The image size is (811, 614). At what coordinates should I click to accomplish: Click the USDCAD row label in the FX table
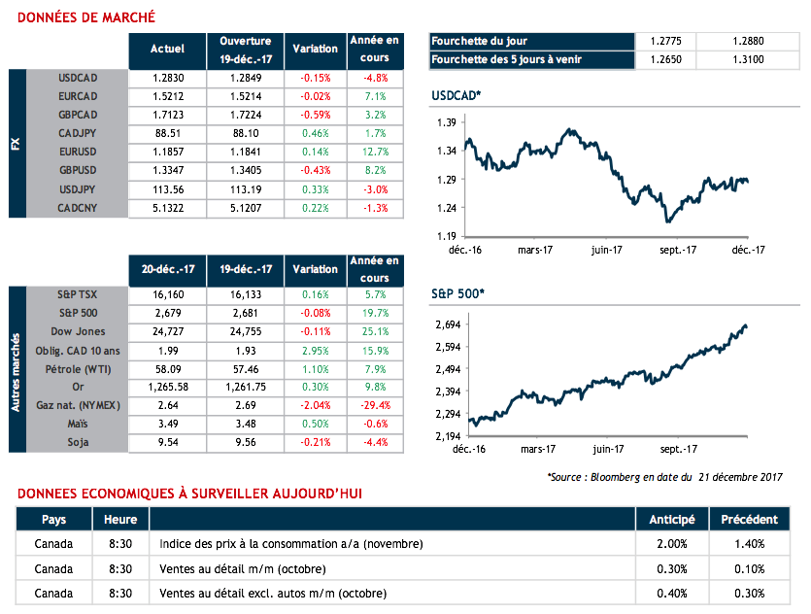[x=79, y=78]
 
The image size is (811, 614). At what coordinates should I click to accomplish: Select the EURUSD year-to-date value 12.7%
[x=373, y=153]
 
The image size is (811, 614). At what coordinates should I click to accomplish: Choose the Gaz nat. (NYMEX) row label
[x=77, y=406]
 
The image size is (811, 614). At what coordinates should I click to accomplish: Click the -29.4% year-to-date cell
[x=373, y=406]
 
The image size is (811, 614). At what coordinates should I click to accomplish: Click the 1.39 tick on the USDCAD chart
[x=447, y=122]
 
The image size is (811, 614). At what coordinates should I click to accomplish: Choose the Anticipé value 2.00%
[x=670, y=544]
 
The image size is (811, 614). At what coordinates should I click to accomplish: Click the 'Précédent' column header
[x=750, y=520]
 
